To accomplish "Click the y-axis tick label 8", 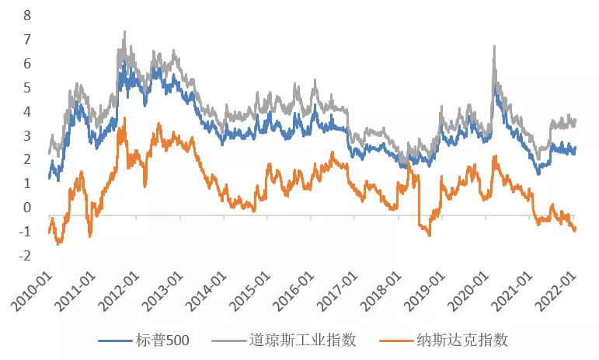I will (x=28, y=15).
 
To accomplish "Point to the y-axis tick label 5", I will (x=28, y=87).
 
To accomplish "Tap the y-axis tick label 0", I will (x=28, y=208).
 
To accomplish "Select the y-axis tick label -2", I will (x=26, y=256).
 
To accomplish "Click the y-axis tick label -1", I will (x=26, y=232).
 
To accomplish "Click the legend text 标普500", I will (x=165, y=340).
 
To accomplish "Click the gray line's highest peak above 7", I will (x=124, y=32).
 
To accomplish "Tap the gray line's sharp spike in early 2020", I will (x=494, y=47).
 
